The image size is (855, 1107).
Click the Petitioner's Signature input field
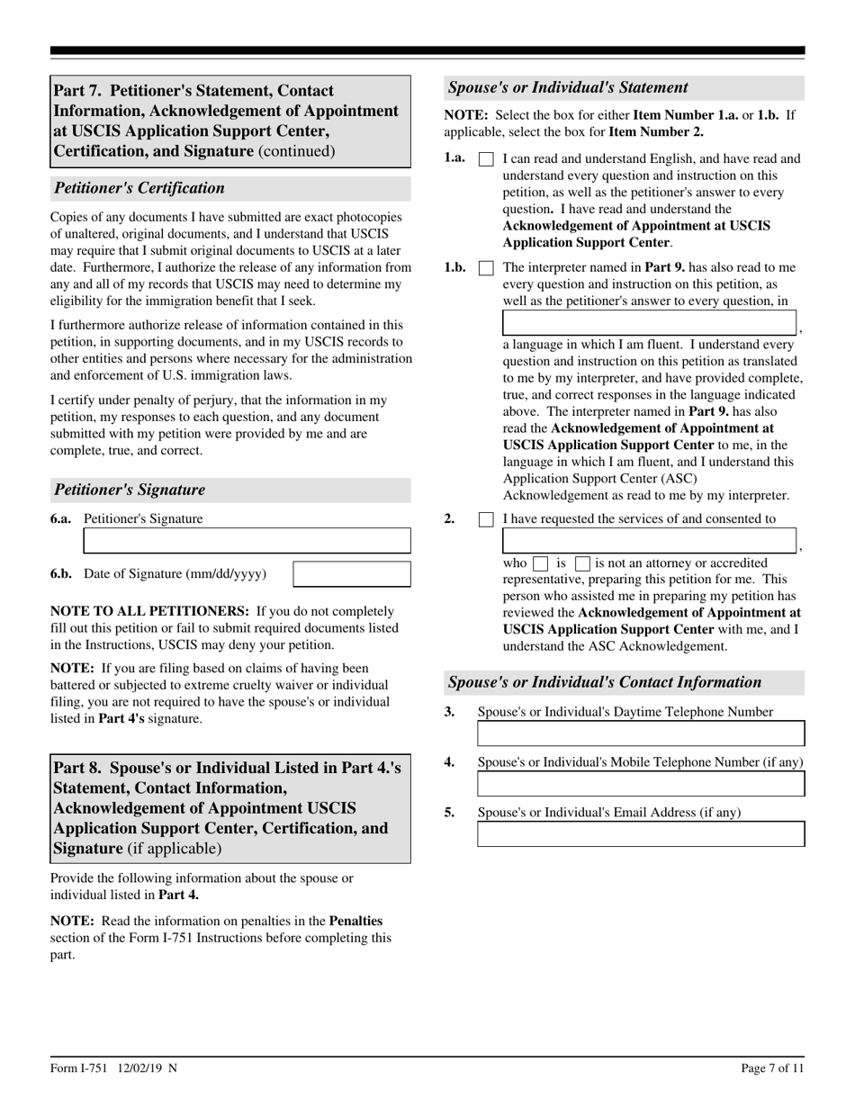pos(247,540)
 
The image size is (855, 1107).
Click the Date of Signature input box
pos(352,574)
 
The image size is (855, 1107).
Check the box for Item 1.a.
pos(486,159)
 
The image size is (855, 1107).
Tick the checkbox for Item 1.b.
pos(486,268)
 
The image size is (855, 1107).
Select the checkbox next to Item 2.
pos(486,519)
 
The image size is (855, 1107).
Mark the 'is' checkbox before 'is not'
pos(540,563)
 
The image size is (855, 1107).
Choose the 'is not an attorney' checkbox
pos(582,563)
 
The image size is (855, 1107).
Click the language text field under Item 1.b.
pos(649,323)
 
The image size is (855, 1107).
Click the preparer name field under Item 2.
pos(649,541)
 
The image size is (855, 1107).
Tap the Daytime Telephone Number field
pos(640,733)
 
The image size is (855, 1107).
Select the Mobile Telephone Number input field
pos(640,784)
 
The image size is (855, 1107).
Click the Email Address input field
pos(640,834)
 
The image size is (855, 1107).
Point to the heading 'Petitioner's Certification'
pos(139,188)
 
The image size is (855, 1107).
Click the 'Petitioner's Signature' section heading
pos(130,490)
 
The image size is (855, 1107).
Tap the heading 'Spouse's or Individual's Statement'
pos(568,87)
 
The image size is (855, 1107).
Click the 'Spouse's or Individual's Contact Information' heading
pos(604,682)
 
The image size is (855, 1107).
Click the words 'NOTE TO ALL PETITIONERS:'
pos(149,611)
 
